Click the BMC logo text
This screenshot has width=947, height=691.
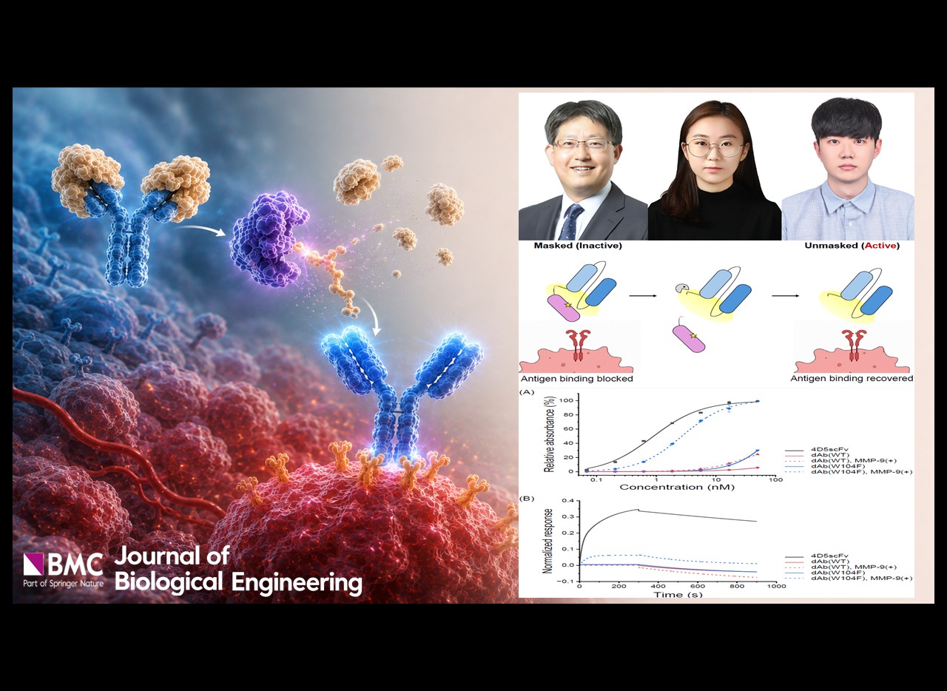pyautogui.click(x=75, y=564)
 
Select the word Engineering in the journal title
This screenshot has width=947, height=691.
pyautogui.click(x=297, y=583)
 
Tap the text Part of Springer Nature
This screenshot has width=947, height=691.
pyautogui.click(x=64, y=584)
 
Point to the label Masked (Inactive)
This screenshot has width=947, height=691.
pyautogui.click(x=578, y=246)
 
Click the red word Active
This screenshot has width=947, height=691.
pyautogui.click(x=880, y=246)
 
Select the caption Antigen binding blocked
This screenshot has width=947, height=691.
pyautogui.click(x=576, y=379)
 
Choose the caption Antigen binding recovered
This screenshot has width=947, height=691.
pyautogui.click(x=852, y=379)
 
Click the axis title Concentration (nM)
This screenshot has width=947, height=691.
pyautogui.click(x=677, y=487)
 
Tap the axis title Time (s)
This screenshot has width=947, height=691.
pyautogui.click(x=678, y=595)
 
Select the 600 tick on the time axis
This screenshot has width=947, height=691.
pyautogui.click(x=698, y=586)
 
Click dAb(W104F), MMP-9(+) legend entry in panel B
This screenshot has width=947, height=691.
pyautogui.click(x=862, y=578)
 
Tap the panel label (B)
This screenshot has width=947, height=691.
pyautogui.click(x=526, y=499)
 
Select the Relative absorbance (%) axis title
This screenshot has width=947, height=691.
pyautogui.click(x=550, y=434)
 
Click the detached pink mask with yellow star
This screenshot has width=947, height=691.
pyautogui.click(x=689, y=337)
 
